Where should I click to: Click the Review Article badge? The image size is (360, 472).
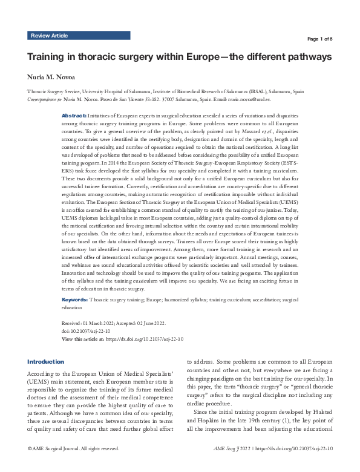50,36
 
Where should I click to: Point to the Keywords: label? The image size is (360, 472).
75,300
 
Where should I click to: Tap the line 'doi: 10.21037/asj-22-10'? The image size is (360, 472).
90,332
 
